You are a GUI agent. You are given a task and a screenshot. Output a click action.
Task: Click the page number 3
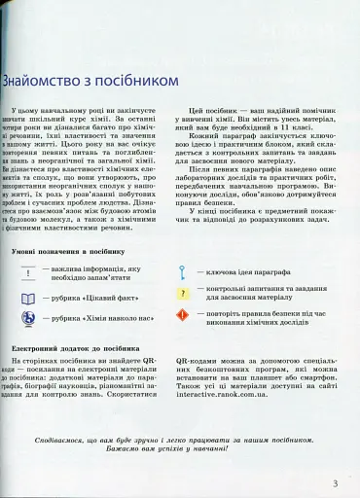pyautogui.click(x=335, y=482)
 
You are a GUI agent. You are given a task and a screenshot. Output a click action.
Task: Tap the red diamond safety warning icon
pyautogui.click(x=183, y=316)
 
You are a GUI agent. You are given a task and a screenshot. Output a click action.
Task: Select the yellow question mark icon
pyautogui.click(x=183, y=294)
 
